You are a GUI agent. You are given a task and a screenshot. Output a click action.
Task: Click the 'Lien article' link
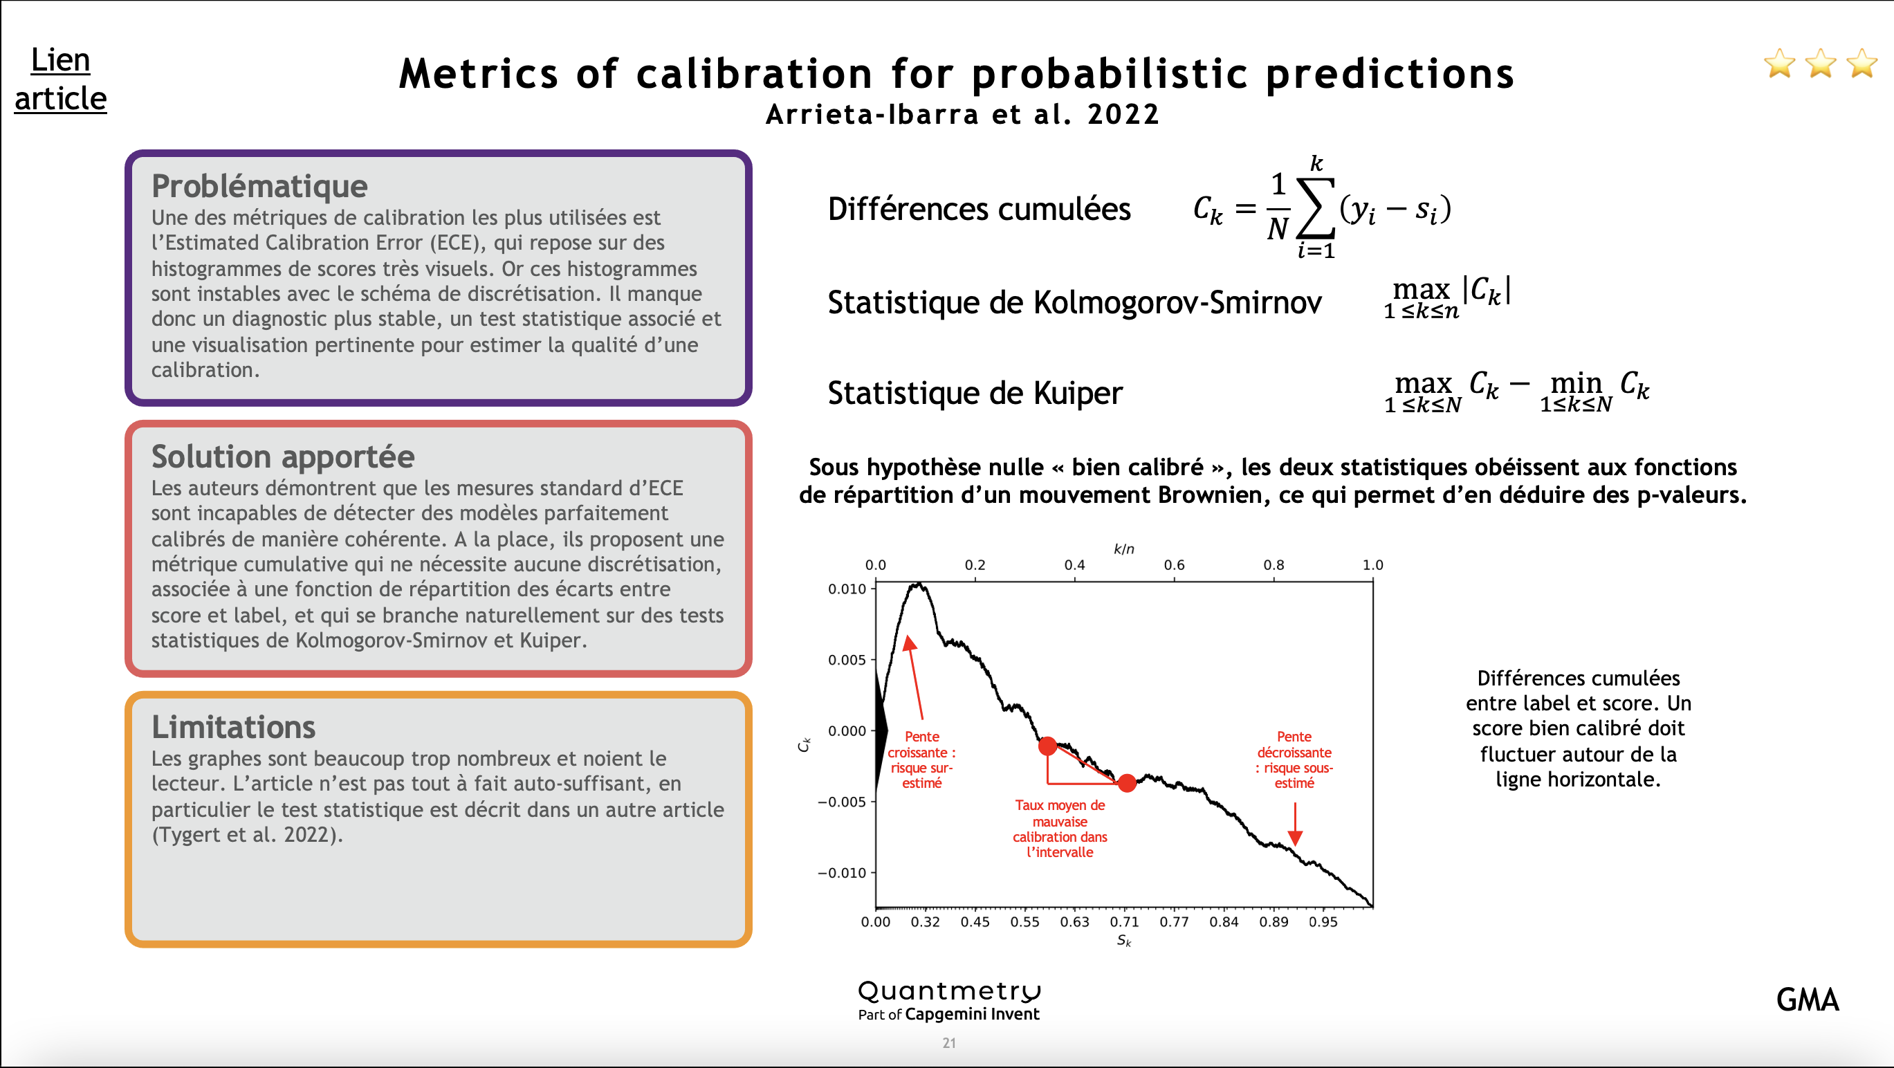point(60,79)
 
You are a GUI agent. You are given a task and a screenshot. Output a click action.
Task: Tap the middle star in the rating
point(1821,63)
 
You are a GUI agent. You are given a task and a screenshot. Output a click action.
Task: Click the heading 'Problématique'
point(259,185)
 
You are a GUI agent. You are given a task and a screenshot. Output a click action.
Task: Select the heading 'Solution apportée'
point(282,456)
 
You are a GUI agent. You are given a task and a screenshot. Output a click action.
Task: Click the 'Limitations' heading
point(233,726)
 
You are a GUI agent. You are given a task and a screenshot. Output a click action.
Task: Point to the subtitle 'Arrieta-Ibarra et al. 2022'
point(962,114)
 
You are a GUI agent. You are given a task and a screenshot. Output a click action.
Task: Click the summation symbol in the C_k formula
point(1316,208)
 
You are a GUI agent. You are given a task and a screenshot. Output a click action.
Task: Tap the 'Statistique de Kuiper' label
point(975,392)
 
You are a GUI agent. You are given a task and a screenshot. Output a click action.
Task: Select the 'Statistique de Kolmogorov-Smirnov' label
point(1074,302)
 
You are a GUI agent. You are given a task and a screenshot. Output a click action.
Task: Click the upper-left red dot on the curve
point(1048,746)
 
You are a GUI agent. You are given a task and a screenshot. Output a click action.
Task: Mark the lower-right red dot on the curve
point(1127,783)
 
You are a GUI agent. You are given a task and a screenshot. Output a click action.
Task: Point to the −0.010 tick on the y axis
point(843,872)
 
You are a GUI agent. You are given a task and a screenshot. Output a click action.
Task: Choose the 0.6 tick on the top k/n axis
point(1174,564)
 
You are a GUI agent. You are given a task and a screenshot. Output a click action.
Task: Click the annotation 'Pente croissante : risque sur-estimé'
point(921,759)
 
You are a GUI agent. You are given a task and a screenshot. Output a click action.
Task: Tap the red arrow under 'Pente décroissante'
point(1296,825)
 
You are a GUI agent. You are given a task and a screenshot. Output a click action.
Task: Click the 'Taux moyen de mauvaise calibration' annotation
point(1060,829)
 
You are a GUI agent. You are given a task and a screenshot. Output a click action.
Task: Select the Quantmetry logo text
point(949,991)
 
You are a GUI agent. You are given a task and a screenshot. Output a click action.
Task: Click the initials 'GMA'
point(1808,1000)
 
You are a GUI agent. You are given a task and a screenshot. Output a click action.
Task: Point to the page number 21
point(949,1042)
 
